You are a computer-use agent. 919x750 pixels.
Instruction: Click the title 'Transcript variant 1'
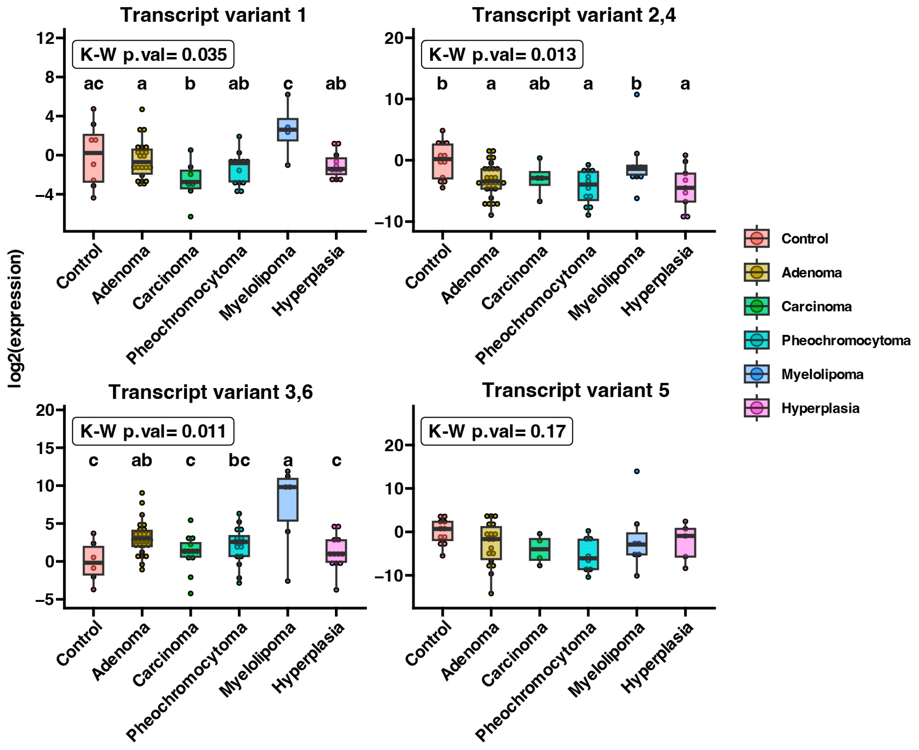click(x=213, y=15)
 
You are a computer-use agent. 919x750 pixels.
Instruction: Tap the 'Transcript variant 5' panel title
click(x=575, y=391)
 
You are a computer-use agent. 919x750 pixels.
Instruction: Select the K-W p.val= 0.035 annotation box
click(x=153, y=55)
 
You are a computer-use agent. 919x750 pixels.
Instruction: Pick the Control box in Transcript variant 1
click(x=93, y=158)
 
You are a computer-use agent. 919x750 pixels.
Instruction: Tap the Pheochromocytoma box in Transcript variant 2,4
click(x=588, y=186)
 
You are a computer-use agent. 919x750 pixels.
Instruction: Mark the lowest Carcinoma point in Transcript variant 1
click(x=191, y=216)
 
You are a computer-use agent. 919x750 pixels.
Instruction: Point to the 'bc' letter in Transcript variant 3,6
click(x=239, y=461)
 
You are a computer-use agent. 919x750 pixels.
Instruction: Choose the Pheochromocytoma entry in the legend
click(x=845, y=340)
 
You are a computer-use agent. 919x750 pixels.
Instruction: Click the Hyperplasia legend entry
click(x=820, y=408)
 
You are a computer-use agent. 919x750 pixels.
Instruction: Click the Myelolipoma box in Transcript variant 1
click(x=287, y=130)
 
